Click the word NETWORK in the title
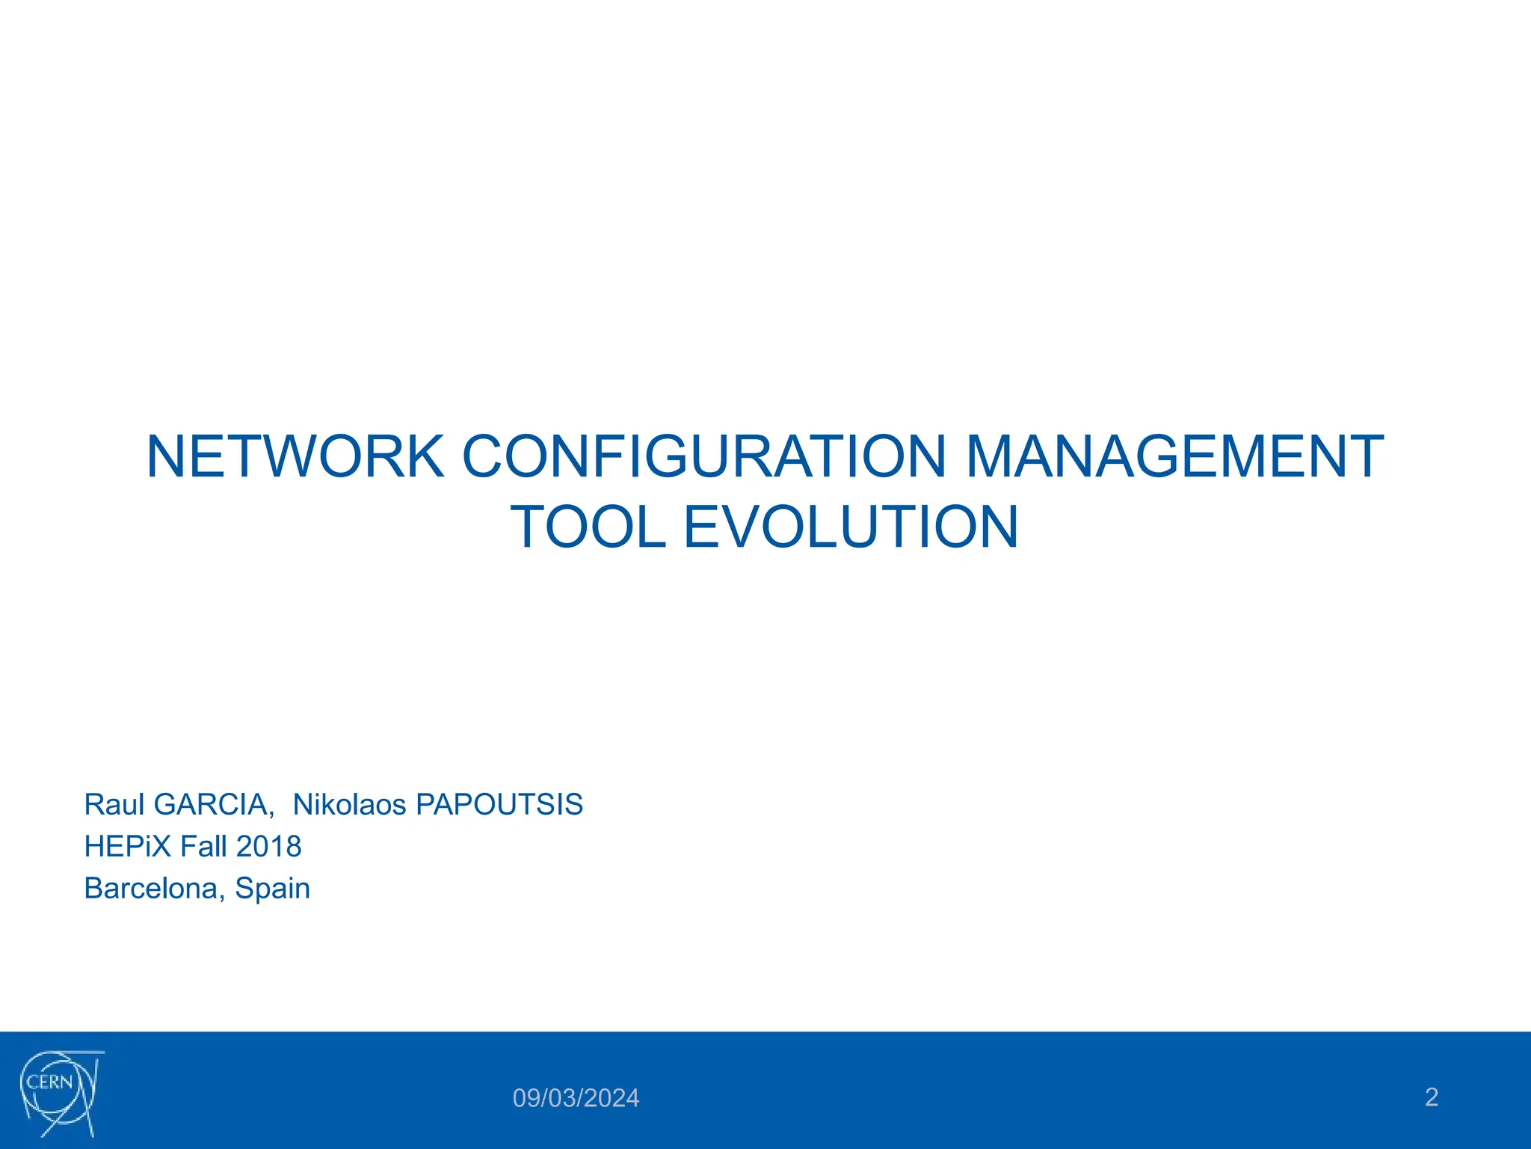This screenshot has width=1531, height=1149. point(295,457)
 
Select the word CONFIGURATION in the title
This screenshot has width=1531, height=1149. point(704,457)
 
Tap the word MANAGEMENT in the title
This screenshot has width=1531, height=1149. point(1174,457)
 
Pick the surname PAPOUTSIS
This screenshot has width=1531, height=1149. point(499,804)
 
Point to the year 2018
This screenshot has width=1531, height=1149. point(268,846)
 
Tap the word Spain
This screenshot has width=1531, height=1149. point(272,888)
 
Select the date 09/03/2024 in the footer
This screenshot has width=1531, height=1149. point(576,1098)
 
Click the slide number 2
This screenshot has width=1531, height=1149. point(1431,1097)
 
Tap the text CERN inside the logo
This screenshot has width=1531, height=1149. point(49,1082)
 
